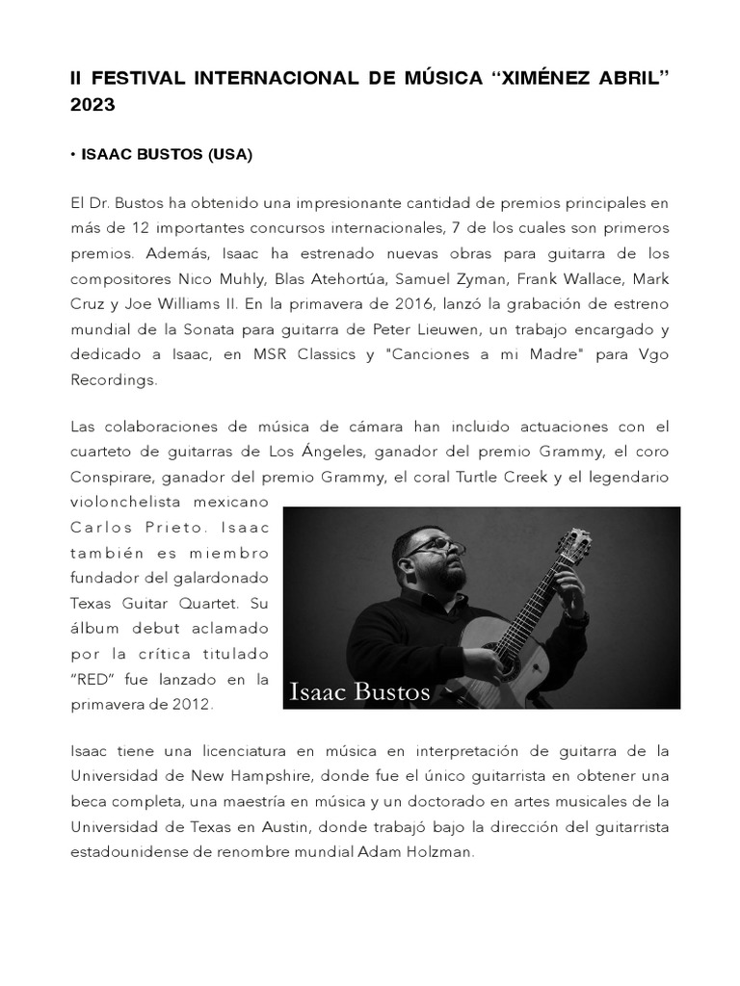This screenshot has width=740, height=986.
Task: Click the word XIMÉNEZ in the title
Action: point(550,77)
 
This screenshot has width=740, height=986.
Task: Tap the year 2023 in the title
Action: point(92,106)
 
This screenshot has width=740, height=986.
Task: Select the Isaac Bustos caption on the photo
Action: point(359,690)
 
